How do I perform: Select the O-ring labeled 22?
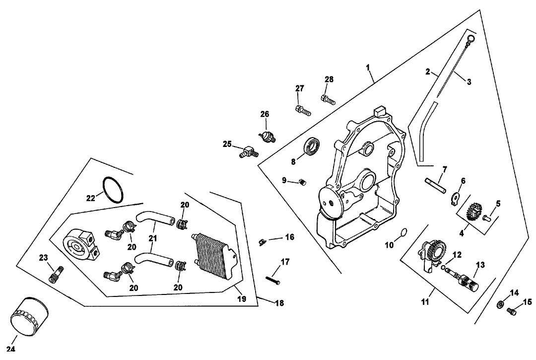[113, 190]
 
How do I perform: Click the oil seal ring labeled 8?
[313, 146]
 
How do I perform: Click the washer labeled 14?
[502, 304]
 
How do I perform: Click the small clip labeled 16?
[263, 241]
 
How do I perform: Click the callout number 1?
[368, 67]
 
